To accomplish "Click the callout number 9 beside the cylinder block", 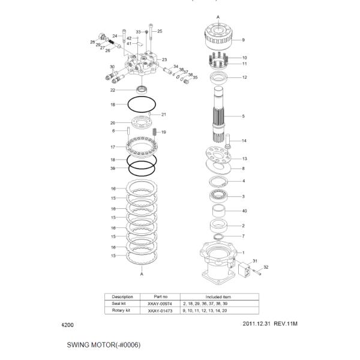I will click(243, 40).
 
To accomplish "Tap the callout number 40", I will click(244, 211).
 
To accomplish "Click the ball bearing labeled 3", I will click(218, 196).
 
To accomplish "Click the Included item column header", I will click(218, 296).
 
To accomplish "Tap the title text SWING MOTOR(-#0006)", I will click(104, 346).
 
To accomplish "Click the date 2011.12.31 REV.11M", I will click(270, 325).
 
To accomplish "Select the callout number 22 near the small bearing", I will click(112, 91).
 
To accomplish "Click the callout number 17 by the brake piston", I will click(112, 147).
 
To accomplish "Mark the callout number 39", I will click(112, 169).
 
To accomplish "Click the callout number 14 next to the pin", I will click(244, 141).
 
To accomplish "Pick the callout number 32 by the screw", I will click(266, 267).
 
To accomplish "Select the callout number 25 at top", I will click(160, 31).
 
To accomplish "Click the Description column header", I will click(122, 296).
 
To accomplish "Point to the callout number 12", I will click(244, 77).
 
